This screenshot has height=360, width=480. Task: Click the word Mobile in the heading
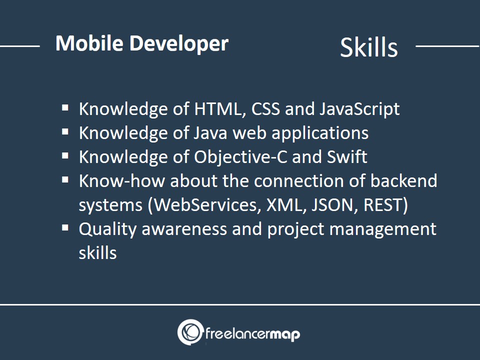(x=89, y=43)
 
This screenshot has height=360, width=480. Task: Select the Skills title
(x=369, y=47)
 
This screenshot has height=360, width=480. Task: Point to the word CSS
(x=265, y=109)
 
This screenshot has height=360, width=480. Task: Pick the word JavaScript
(x=359, y=109)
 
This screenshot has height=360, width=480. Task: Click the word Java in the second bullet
(x=210, y=133)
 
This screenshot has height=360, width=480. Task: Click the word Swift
(x=347, y=156)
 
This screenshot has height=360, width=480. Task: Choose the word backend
(x=404, y=180)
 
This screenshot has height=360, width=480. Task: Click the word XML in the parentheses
(x=286, y=205)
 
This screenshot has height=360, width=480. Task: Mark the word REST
(x=384, y=205)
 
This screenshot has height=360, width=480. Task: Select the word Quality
(x=107, y=229)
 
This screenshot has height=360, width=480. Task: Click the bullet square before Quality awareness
(x=65, y=228)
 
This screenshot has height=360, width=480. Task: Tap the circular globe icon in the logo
(x=190, y=332)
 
